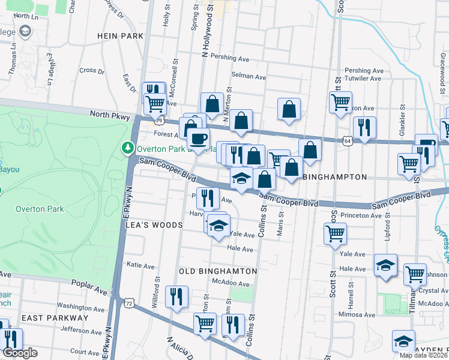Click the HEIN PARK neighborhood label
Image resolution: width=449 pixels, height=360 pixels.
(x=120, y=36)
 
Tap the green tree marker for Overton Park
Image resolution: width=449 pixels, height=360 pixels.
(x=127, y=148)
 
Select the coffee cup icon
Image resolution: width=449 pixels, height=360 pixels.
(x=198, y=139)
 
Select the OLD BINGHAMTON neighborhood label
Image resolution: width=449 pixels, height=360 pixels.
(x=218, y=271)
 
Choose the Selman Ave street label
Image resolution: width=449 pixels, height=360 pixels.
(x=249, y=77)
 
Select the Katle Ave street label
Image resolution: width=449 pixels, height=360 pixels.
(x=140, y=266)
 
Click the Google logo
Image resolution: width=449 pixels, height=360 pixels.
(x=20, y=353)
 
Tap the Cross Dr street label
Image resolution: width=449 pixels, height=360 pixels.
(x=92, y=70)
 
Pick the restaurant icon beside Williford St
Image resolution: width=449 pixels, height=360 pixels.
(x=177, y=296)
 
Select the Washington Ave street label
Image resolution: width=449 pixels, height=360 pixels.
(x=82, y=306)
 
